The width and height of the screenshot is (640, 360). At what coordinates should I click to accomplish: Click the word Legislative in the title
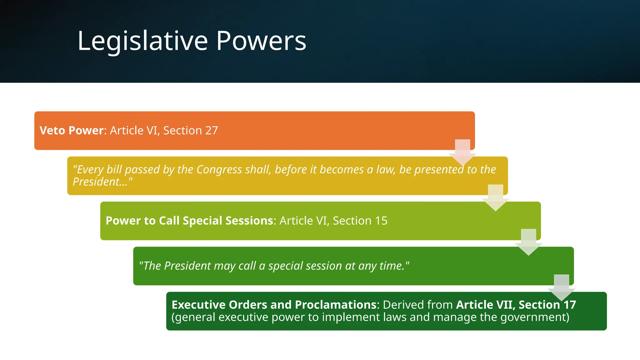(142, 41)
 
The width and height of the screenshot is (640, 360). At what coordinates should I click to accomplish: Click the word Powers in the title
(261, 41)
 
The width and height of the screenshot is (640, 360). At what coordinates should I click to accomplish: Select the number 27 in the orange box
(211, 130)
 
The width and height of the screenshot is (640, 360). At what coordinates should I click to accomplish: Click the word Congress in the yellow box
(219, 169)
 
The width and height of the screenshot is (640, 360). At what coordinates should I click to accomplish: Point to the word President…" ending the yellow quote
(102, 182)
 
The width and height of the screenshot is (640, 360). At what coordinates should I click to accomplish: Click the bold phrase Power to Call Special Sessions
(189, 221)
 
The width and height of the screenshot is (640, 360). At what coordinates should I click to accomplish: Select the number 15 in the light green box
(381, 221)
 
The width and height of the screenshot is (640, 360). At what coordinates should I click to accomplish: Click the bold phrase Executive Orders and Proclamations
(274, 305)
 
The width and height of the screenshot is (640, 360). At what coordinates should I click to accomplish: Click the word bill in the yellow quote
(114, 169)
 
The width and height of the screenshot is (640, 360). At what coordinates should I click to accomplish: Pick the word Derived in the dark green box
(402, 305)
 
